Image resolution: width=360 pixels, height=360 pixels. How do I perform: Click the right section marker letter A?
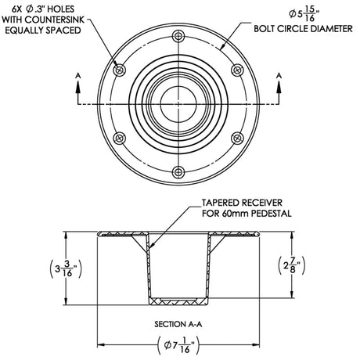click(x=280, y=76)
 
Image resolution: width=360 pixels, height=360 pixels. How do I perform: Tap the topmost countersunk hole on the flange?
click(x=179, y=36)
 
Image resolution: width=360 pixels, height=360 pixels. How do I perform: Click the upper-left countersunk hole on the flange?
click(x=120, y=70)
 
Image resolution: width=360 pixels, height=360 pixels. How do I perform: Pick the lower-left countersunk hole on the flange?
click(x=120, y=138)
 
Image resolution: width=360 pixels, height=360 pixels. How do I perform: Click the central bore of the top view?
click(x=179, y=104)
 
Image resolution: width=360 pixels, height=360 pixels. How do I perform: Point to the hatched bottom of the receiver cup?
click(x=179, y=301)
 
